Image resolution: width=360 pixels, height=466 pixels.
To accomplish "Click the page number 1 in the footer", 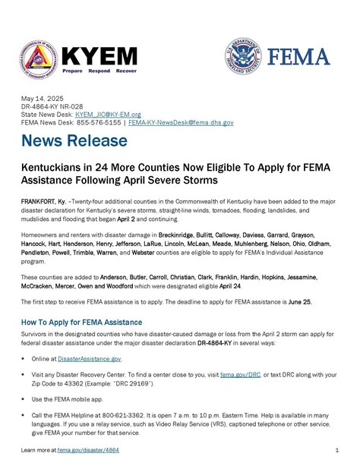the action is pyautogui.click(x=336, y=451).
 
